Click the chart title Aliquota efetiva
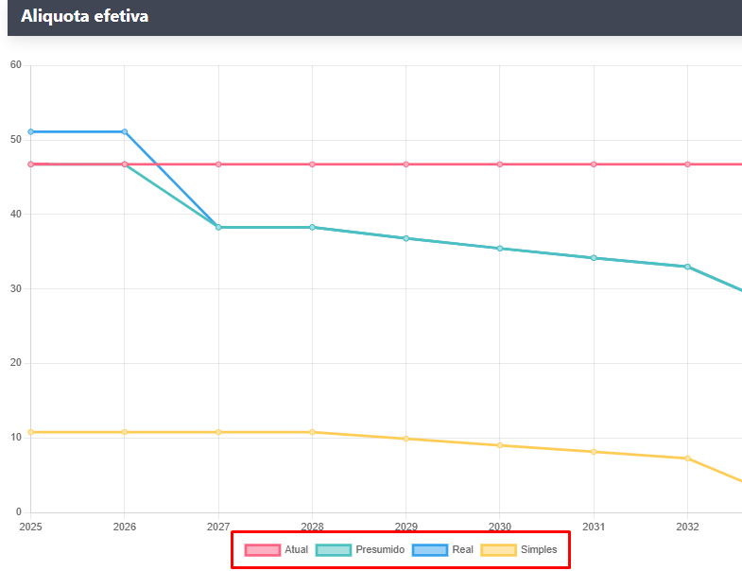[84, 16]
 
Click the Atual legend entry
[276, 549]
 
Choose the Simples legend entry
[519, 549]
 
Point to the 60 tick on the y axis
[15, 65]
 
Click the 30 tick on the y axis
[15, 288]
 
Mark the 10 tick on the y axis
[15, 438]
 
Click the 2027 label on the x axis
[218, 527]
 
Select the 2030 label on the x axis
[500, 527]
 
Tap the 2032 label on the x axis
[688, 527]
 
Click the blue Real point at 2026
[125, 131]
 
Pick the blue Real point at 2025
[31, 131]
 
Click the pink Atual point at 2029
[406, 164]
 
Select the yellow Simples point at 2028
[313, 432]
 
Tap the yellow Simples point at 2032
[688, 459]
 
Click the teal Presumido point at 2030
[500, 249]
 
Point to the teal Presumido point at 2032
[688, 267]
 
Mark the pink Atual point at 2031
[594, 164]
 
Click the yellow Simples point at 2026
[125, 432]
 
